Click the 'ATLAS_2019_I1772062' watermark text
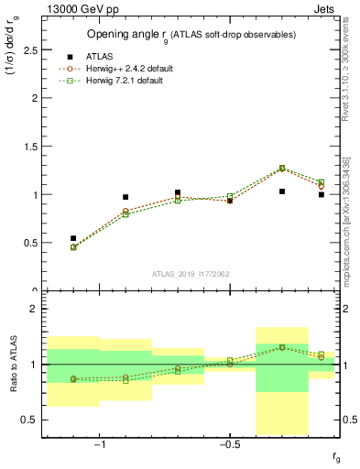(x=191, y=273)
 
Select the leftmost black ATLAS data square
(x=73, y=238)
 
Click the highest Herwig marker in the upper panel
(x=282, y=168)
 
